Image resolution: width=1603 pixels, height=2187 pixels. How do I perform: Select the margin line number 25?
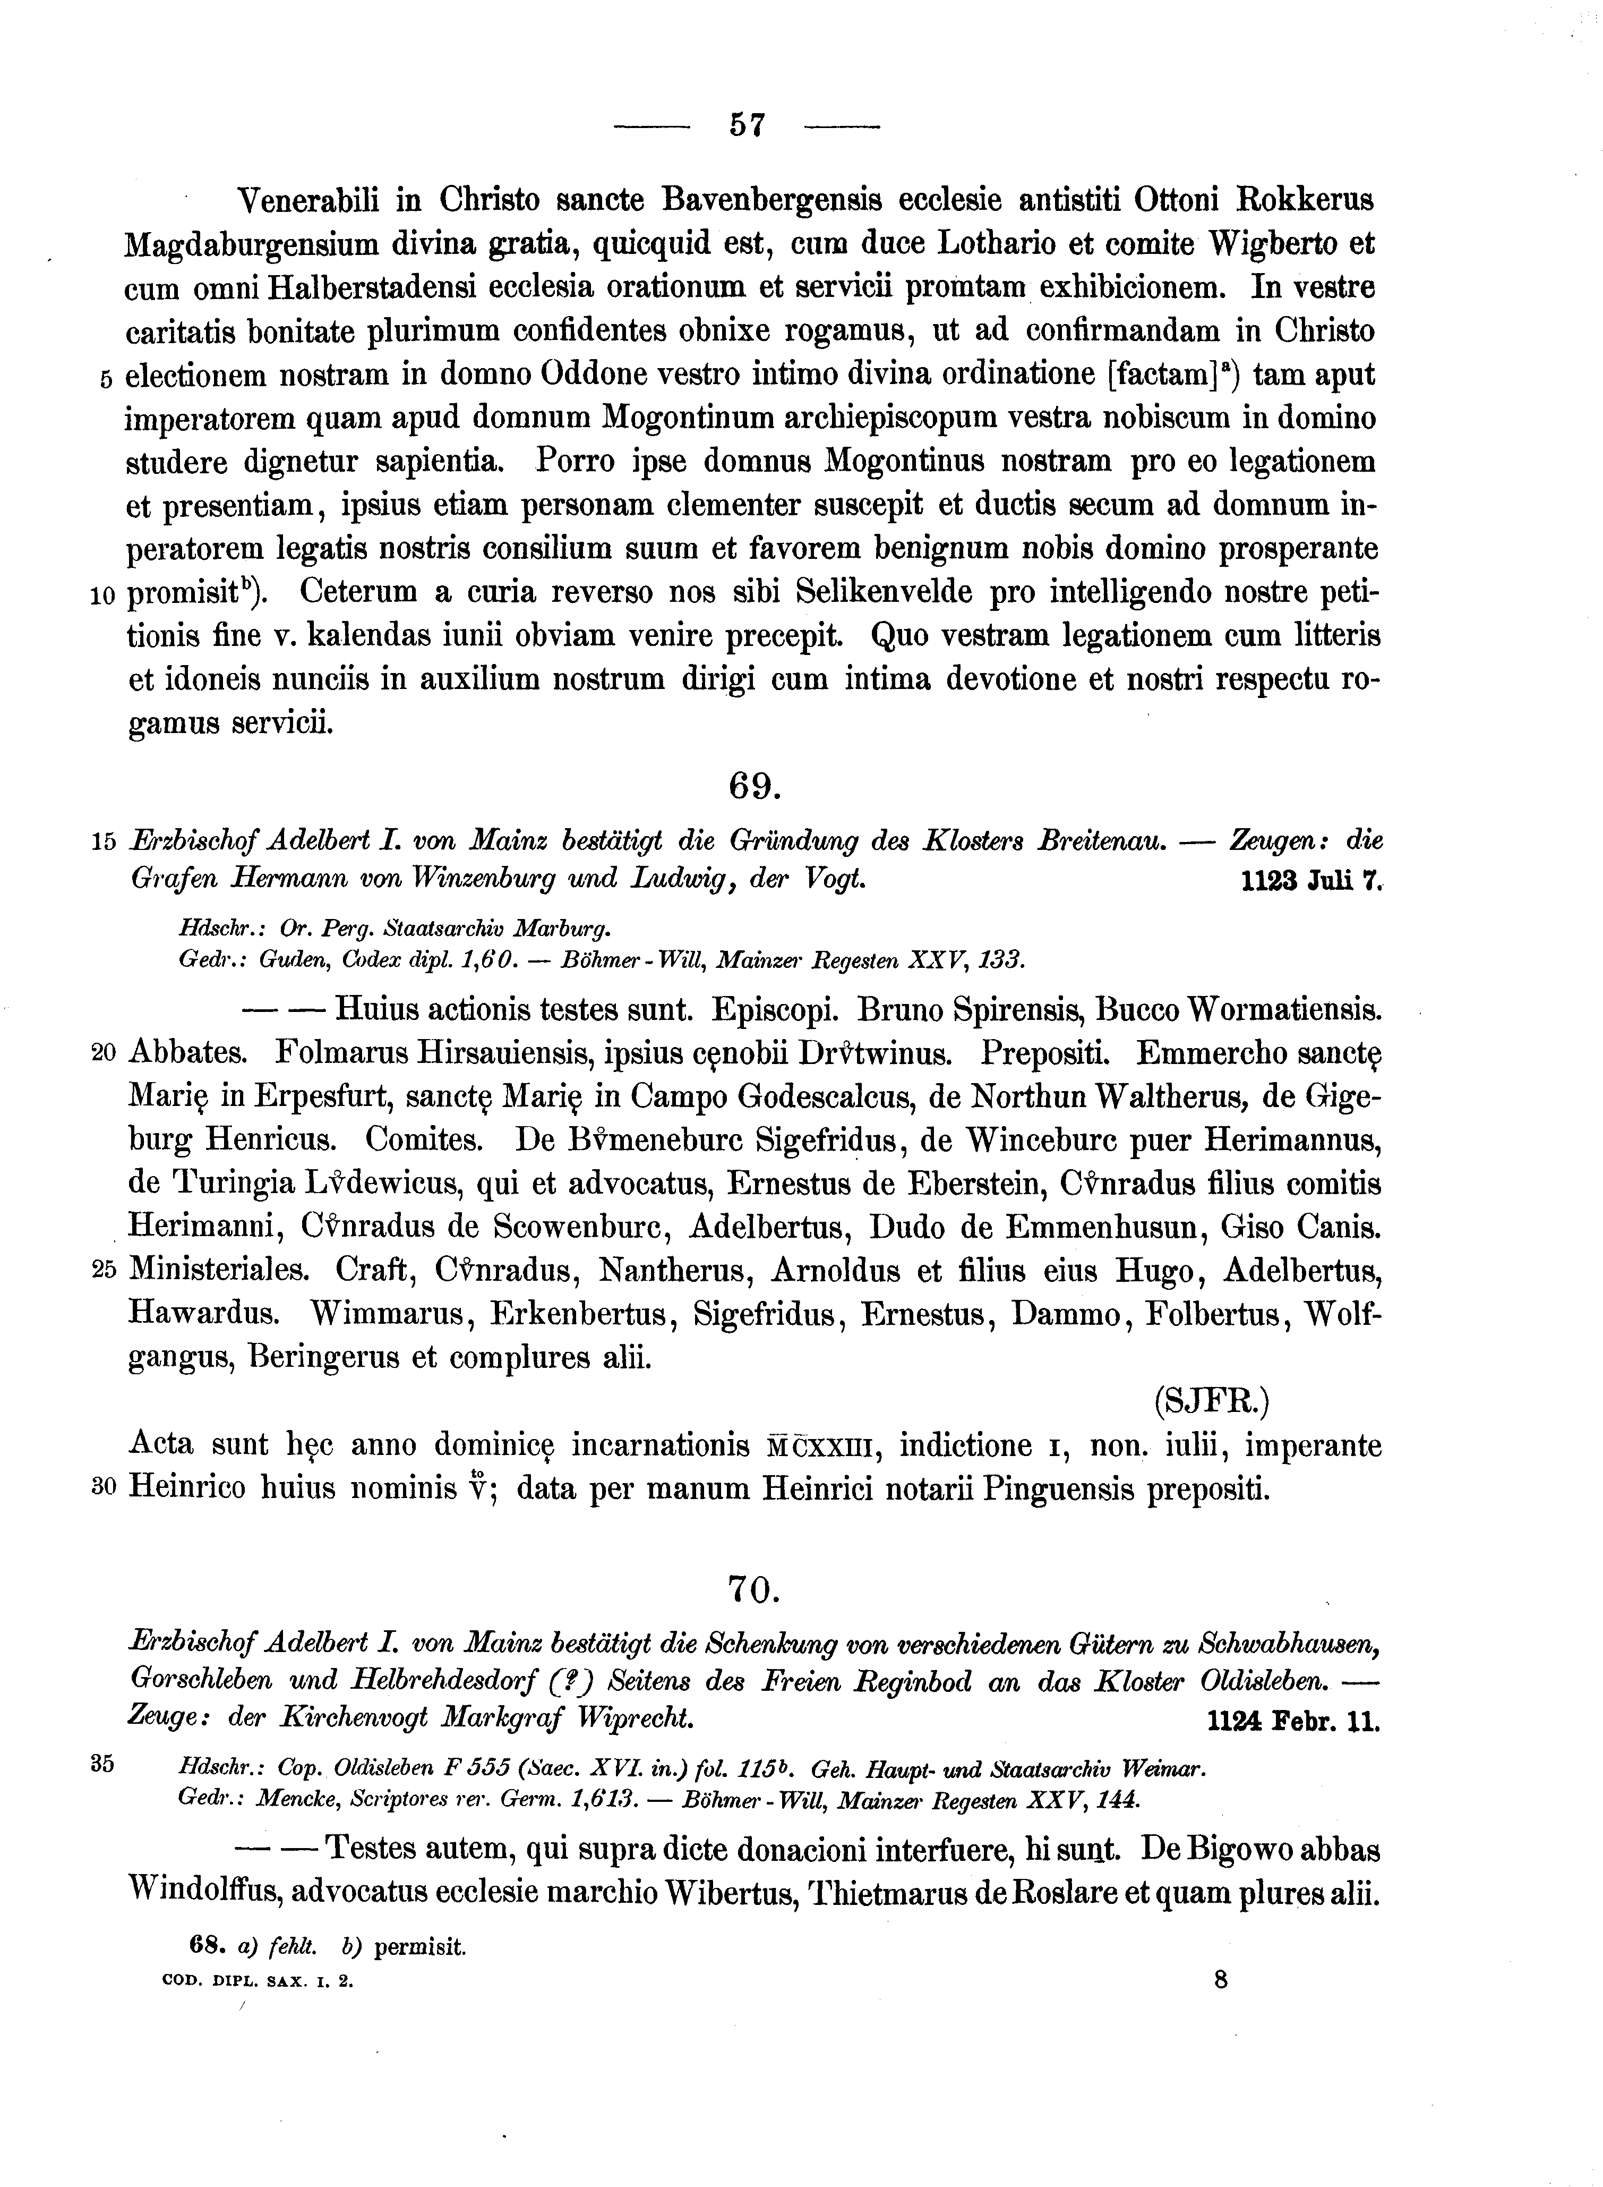click(104, 1272)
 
